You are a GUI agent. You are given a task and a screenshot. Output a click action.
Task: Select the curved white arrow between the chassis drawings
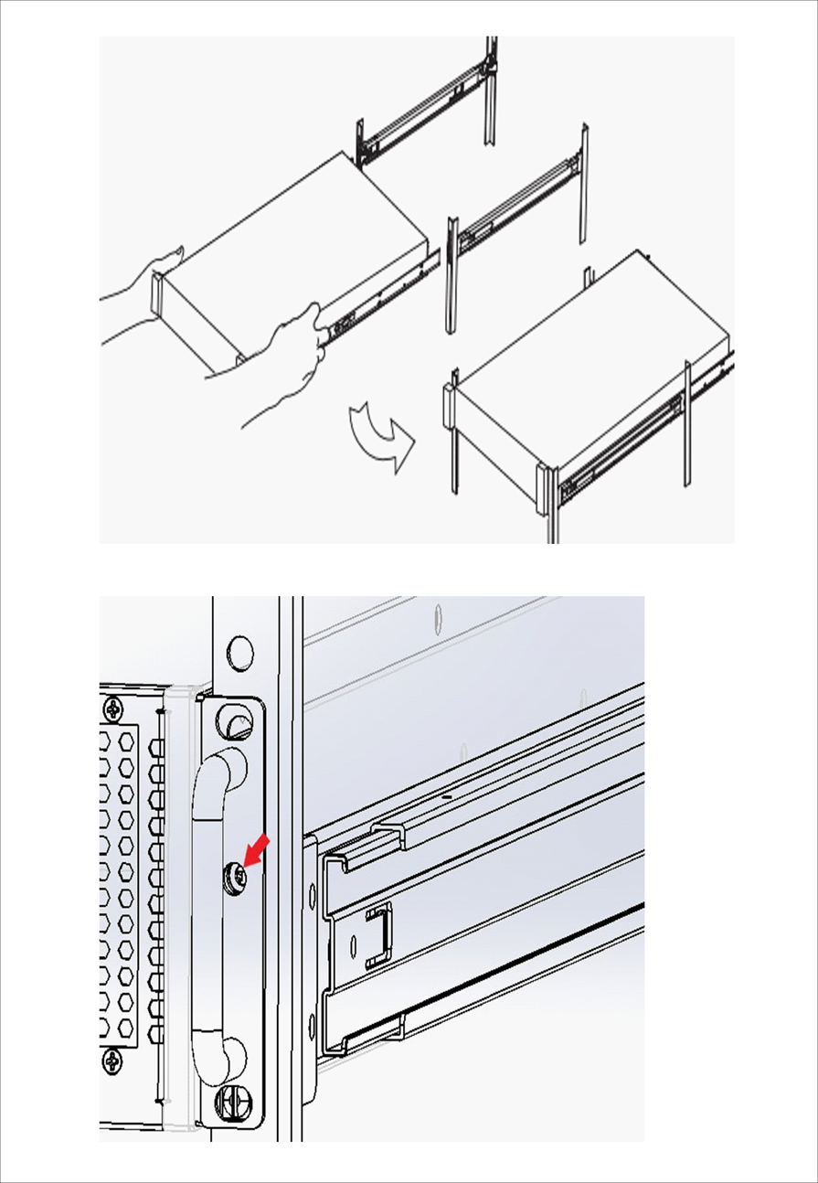click(381, 436)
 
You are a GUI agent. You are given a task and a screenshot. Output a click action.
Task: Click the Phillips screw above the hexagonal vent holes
click(113, 709)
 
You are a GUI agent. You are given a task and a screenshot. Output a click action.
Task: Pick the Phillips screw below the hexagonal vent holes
click(113, 1061)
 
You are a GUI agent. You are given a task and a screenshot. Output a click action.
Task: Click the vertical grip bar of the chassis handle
click(207, 896)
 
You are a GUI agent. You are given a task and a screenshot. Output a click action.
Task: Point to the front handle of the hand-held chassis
click(157, 297)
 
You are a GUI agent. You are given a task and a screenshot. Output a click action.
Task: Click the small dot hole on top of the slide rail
click(445, 797)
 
